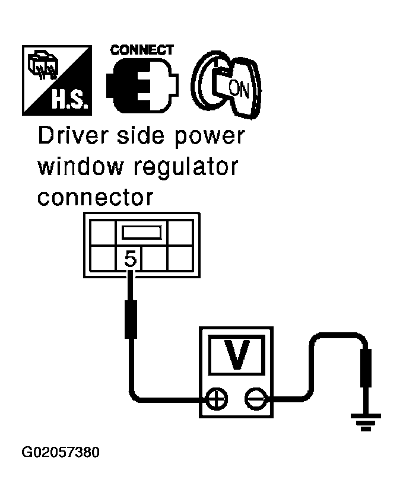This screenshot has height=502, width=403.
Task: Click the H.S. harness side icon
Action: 57,80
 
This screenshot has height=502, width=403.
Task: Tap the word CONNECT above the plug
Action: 141,50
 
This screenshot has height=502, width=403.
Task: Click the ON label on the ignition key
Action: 239,90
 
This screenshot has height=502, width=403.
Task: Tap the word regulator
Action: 186,168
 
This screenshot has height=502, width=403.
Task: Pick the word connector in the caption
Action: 94,198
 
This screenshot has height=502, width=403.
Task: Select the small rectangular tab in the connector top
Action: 141,231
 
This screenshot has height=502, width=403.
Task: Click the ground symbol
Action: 366,421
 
